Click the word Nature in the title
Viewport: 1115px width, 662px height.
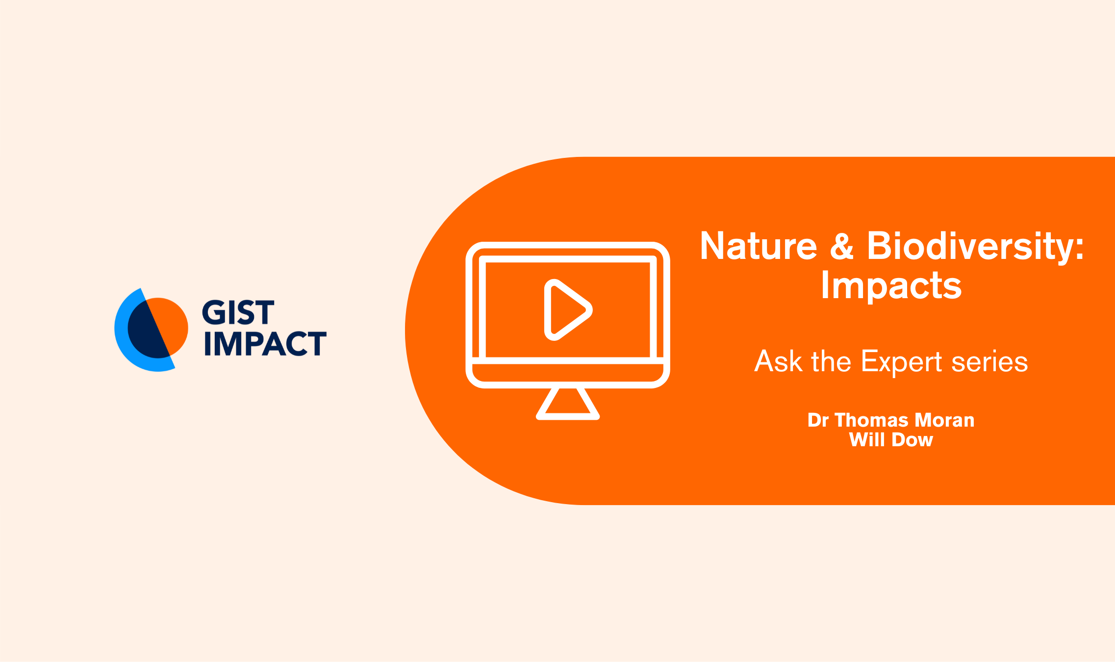point(759,246)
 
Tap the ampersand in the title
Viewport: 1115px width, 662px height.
point(842,246)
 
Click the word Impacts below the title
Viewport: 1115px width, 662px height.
point(891,285)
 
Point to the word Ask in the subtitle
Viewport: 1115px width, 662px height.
point(778,361)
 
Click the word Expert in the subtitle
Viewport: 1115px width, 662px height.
point(902,363)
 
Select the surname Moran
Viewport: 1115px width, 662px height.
point(944,420)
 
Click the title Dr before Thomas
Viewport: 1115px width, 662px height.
point(818,420)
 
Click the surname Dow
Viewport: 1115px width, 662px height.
point(912,439)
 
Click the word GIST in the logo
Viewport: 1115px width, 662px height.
point(238,313)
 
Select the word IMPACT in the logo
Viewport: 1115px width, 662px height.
point(265,343)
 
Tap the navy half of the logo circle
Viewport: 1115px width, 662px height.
point(146,331)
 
